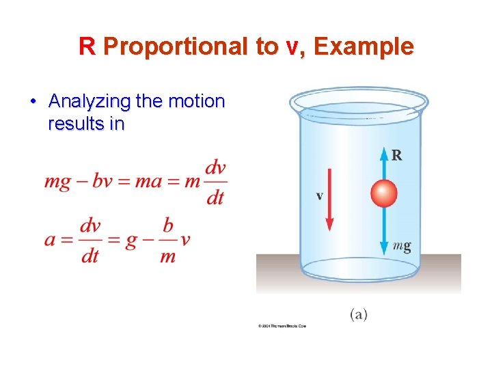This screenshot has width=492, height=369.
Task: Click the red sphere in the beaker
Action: tap(383, 194)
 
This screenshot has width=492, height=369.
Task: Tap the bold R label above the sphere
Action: tap(396, 155)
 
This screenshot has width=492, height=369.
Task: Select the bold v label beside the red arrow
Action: tap(319, 196)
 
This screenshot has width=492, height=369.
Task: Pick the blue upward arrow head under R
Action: tap(383, 152)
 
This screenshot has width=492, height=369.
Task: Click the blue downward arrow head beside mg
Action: tap(383, 247)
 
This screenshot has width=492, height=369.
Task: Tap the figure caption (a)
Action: tap(359, 314)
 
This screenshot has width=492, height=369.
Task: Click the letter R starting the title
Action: tap(86, 46)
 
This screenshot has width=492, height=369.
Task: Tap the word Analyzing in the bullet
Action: tap(90, 102)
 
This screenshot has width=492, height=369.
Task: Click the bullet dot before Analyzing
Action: tap(33, 102)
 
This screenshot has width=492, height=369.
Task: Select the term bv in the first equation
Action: tap(100, 183)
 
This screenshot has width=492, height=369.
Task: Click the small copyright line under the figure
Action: tap(282, 326)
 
